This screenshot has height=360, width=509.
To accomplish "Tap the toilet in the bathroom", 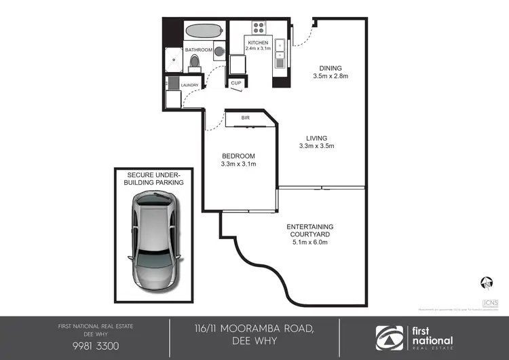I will (195, 63).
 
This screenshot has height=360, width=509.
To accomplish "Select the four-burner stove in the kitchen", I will (259, 28).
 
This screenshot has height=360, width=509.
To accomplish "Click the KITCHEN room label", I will (259, 43).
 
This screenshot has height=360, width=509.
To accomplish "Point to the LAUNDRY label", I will (189, 85).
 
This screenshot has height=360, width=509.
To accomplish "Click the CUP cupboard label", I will (236, 84).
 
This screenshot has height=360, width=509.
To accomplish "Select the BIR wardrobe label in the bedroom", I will (246, 118).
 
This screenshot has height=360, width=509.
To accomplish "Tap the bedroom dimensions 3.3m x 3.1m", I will (238, 164).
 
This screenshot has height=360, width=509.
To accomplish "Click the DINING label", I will (331, 68).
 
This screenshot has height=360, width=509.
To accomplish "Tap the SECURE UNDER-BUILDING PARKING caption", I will (155, 178).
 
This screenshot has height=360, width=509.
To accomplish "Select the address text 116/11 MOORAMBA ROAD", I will (254, 329).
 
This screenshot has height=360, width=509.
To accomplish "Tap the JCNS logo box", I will (488, 304).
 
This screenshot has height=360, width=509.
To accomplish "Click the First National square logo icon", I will (391, 337).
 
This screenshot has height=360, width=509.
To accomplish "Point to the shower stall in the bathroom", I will (174, 60).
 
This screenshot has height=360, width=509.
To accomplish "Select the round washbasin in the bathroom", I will (219, 50).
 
